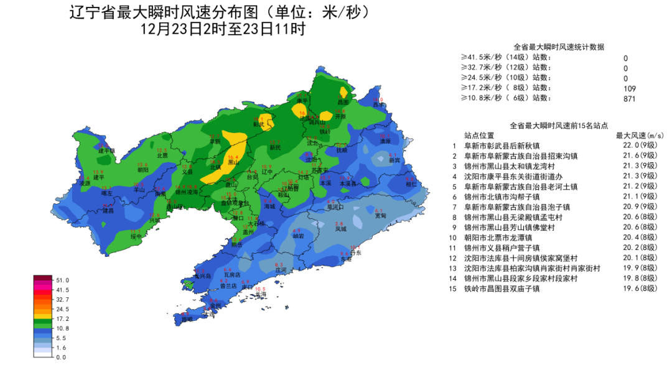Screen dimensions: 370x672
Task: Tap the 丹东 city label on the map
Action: coord(355,254)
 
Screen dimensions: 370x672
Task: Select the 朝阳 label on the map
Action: coord(143,169)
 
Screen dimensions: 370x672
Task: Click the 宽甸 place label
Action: coord(380,215)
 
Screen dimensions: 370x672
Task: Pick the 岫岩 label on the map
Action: coord(298,237)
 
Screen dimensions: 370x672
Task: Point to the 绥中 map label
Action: coord(136,236)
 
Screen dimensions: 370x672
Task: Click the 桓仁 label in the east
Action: coord(411,184)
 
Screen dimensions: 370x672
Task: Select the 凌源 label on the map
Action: coord(85,183)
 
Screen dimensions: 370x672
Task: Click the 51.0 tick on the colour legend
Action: coord(62,280)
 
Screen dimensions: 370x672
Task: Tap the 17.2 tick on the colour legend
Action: coord(62,318)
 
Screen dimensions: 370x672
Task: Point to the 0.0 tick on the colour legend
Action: coord(60,357)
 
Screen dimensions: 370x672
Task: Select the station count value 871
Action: coord(629,98)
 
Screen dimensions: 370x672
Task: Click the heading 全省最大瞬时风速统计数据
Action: coord(559,47)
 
